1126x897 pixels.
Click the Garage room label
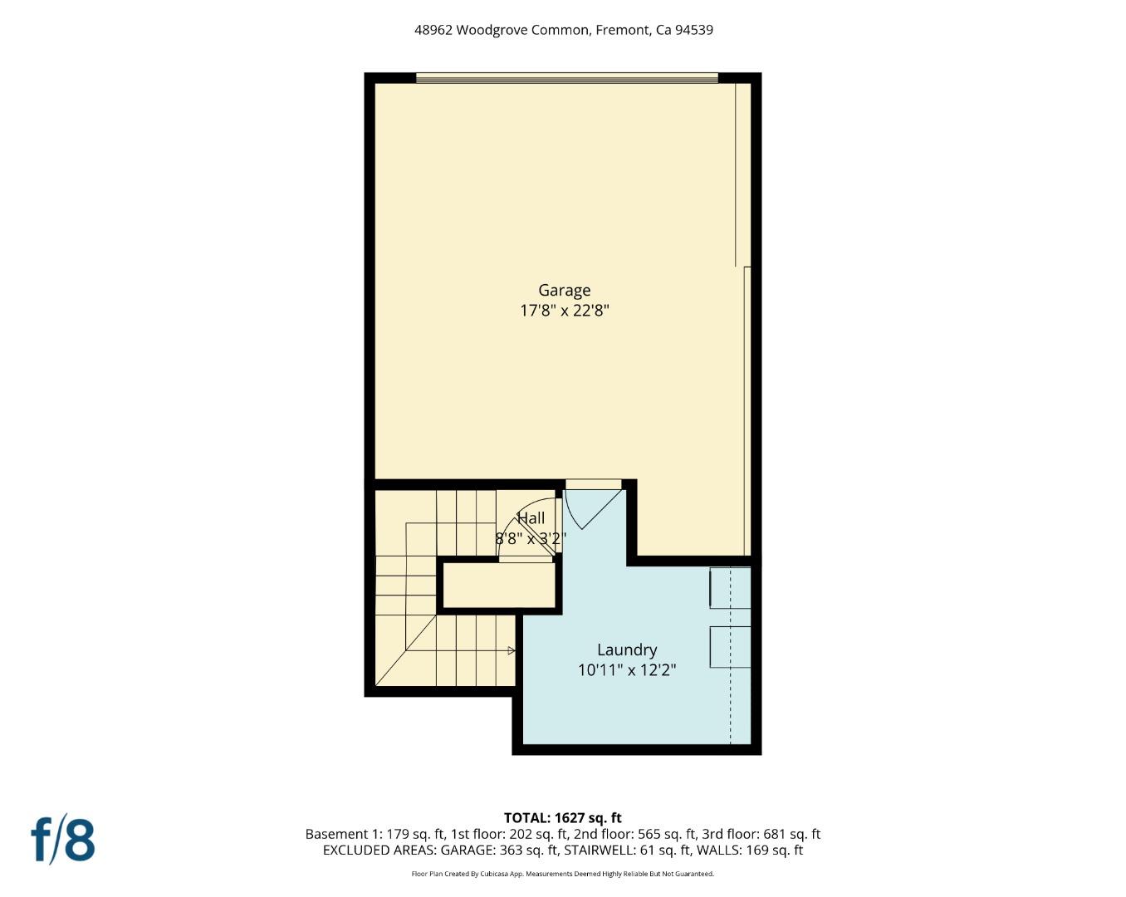click(x=564, y=290)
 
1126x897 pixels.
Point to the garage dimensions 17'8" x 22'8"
click(x=564, y=311)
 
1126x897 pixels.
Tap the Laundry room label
click(x=627, y=649)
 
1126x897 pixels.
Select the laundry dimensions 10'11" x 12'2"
click(x=627, y=669)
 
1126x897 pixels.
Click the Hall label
click(x=531, y=518)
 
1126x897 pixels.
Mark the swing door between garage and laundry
click(x=590, y=507)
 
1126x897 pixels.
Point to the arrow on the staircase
click(x=511, y=651)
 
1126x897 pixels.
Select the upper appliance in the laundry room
click(x=730, y=588)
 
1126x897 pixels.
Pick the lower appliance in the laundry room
click(x=730, y=647)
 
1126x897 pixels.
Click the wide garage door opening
click(x=566, y=79)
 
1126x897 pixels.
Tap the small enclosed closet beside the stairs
click(x=498, y=586)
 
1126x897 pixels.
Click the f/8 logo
click(x=63, y=840)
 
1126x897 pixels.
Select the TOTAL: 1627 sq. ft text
click(x=562, y=818)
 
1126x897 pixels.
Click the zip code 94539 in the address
click(x=694, y=30)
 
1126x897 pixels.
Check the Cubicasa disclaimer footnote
click(x=562, y=874)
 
